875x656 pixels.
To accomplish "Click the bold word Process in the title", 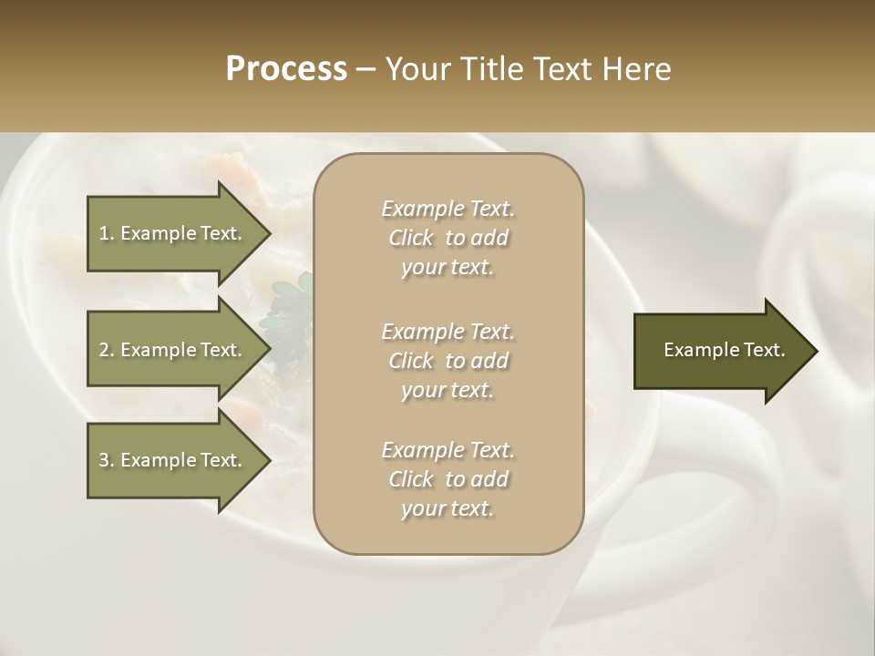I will tap(286, 69).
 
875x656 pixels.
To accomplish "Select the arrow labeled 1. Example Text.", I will tap(173, 233).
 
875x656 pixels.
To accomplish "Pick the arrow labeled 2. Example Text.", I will tap(173, 350).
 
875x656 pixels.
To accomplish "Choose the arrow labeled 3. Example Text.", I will tap(173, 460).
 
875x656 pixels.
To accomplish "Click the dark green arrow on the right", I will tap(720, 351).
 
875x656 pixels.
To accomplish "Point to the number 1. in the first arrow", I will tap(107, 233).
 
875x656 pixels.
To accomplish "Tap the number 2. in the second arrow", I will tap(107, 350).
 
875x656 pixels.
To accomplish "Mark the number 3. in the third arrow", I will tap(107, 460).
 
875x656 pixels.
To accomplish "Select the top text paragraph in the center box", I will tap(448, 238).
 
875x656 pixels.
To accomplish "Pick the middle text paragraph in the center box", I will tap(448, 361).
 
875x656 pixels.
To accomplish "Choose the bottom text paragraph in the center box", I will tap(448, 479).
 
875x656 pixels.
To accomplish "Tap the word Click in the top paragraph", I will tap(411, 238).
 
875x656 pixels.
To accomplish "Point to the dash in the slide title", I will tap(365, 69).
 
